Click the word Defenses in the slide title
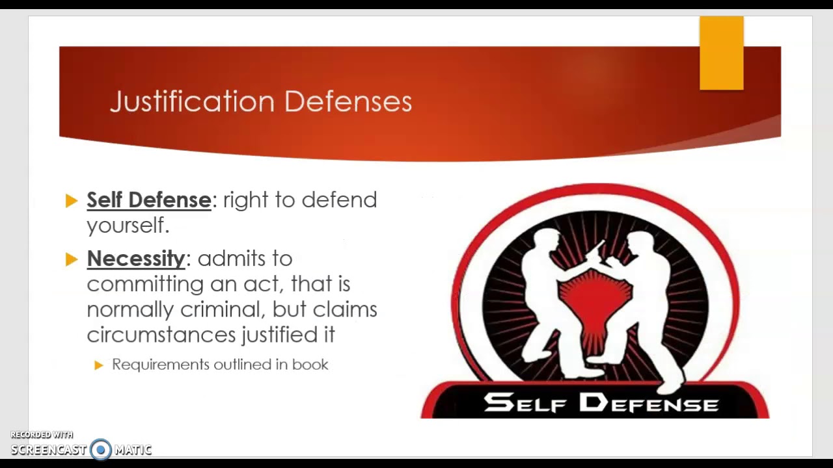348,102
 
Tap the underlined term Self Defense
148,200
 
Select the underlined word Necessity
136,259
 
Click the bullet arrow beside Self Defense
72,201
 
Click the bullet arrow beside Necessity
72,259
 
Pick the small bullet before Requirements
99,365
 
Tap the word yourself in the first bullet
127,226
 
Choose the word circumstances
161,335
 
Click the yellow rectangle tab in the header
721,53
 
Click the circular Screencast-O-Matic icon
100,449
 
